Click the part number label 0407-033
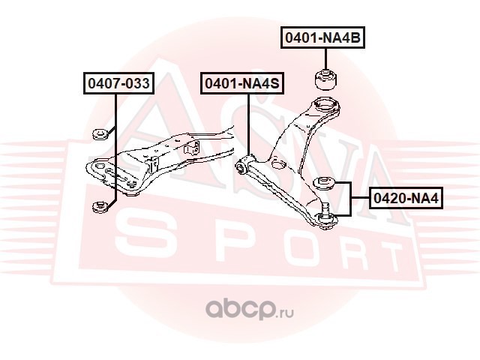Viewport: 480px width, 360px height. click(118, 84)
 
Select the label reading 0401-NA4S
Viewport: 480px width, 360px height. click(241, 84)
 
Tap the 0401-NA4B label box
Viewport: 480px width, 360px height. click(322, 37)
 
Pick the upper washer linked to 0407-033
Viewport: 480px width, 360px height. click(97, 135)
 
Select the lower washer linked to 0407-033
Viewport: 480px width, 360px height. click(97, 206)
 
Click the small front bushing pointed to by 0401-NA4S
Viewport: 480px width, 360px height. click(242, 166)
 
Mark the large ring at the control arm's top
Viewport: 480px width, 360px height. click(324, 106)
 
